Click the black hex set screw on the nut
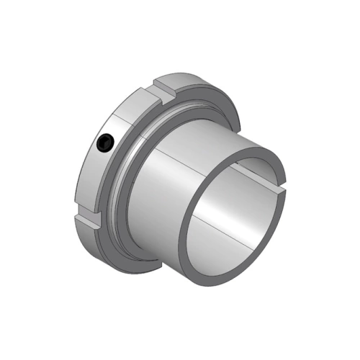pyautogui.click(x=106, y=143)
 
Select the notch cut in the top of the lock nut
pyautogui.click(x=164, y=91)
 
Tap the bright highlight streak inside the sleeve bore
pyautogui.click(x=238, y=209)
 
